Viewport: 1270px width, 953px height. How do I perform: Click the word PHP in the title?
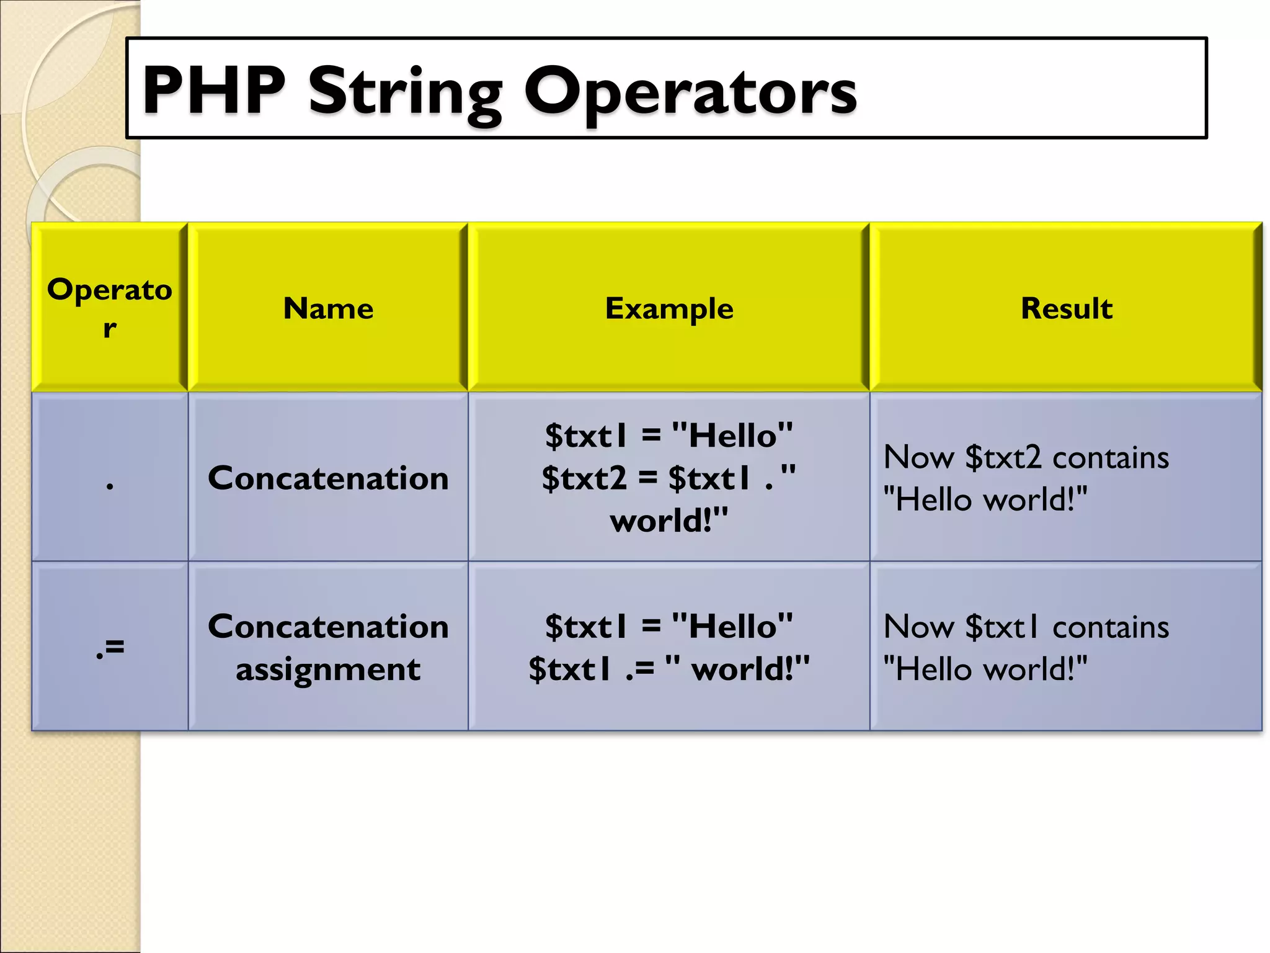(x=214, y=91)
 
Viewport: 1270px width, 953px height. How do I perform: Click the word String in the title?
(x=405, y=93)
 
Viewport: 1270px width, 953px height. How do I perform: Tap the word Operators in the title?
(x=690, y=93)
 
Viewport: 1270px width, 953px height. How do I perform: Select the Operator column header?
(x=110, y=308)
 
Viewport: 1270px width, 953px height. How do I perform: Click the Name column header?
(x=328, y=308)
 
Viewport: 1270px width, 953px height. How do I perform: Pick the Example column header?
(x=668, y=308)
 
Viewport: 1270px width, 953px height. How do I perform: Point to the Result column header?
(x=1066, y=308)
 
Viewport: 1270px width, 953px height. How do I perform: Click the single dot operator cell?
(x=110, y=485)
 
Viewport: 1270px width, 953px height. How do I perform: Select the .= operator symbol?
(x=110, y=647)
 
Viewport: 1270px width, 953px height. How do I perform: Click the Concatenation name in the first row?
(x=328, y=478)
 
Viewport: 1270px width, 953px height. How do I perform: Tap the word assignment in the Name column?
(x=328, y=669)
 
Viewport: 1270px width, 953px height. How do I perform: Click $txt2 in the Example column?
(x=584, y=478)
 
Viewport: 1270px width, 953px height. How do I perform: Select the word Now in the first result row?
(x=918, y=458)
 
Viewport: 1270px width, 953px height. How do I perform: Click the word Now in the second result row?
(x=918, y=627)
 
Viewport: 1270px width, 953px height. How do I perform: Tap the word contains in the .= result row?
(x=1111, y=627)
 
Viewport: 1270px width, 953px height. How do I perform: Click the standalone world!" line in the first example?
(x=668, y=521)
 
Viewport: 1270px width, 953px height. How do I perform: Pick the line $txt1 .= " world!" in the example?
(x=668, y=669)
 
